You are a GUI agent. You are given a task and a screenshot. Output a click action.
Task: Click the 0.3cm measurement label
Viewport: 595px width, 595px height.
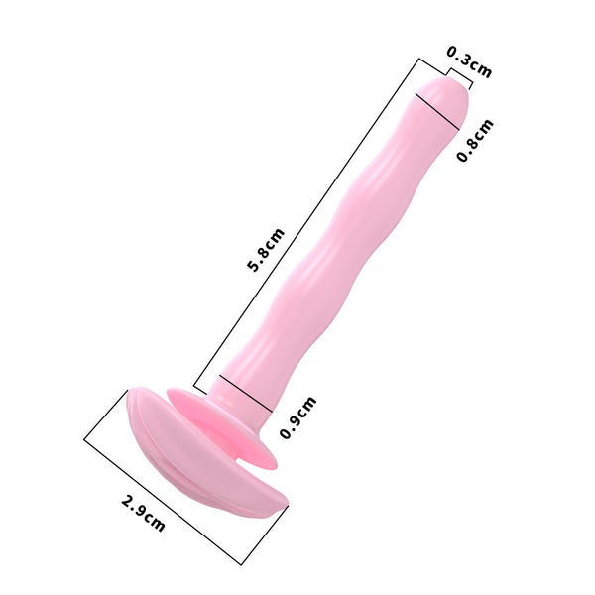pos(469,61)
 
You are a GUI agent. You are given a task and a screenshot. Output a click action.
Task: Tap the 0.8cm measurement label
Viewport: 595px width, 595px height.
pos(475,141)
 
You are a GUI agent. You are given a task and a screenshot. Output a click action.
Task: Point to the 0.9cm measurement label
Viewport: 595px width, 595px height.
pos(297,417)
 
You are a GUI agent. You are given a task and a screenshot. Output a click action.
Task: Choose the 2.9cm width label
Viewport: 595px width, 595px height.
pos(143,512)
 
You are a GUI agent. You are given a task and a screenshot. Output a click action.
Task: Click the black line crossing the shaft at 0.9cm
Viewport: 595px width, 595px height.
pos(243,392)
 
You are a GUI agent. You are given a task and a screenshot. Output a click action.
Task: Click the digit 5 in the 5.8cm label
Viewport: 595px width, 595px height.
pos(254,266)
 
